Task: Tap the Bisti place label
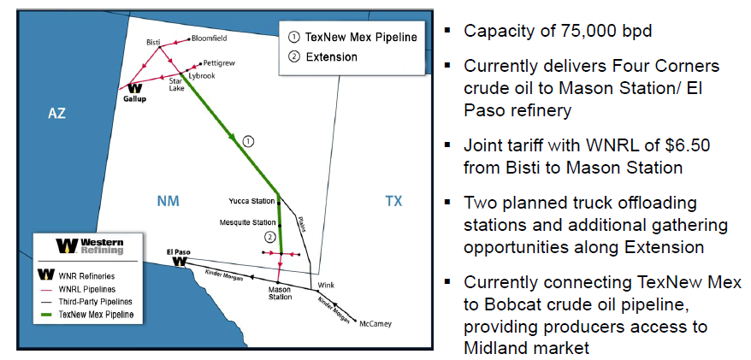pos(154,41)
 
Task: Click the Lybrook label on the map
pos(202,75)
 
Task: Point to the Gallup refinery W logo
pos(135,87)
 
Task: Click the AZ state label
pos(56,114)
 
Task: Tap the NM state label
pos(167,202)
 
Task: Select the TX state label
pos(393,202)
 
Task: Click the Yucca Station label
pos(251,201)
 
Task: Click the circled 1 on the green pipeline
pos(248,141)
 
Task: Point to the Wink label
pos(326,284)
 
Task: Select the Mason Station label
pos(279,295)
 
